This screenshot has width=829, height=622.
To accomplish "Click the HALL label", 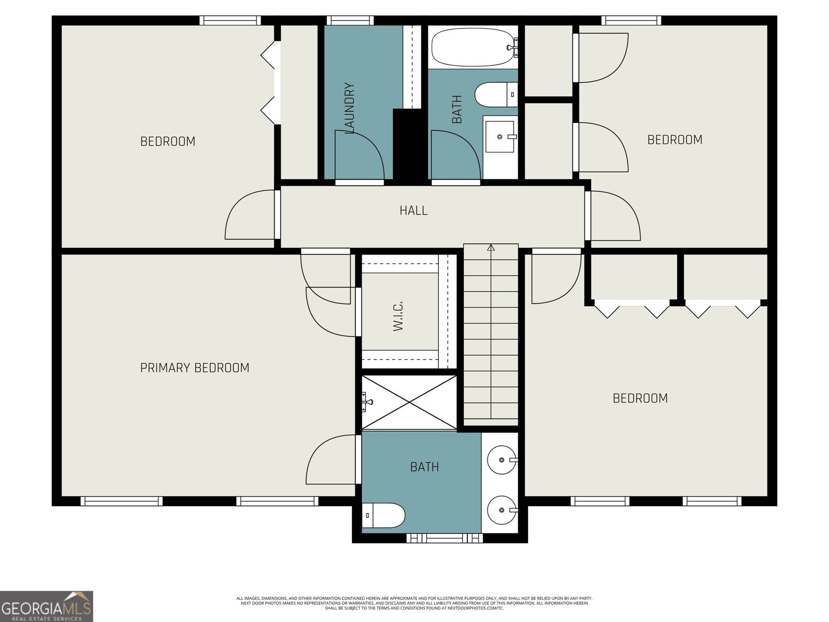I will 413,210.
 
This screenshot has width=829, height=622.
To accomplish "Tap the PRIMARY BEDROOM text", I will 195,368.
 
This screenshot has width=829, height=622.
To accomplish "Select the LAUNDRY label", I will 349,108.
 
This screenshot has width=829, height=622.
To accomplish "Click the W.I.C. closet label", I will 398,316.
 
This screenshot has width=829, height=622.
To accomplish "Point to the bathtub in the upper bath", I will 472,47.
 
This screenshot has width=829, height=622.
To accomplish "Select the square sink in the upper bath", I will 500,136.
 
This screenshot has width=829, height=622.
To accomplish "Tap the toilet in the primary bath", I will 383,516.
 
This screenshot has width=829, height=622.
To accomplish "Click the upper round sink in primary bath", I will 502,459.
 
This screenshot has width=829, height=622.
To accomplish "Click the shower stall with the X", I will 409,403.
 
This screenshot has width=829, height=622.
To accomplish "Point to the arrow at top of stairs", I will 491,248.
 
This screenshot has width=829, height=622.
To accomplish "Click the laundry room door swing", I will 360,155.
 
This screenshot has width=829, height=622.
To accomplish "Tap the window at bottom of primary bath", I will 444,539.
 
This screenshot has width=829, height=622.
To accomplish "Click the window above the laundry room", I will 350,21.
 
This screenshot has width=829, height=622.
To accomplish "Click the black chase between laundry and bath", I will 409,144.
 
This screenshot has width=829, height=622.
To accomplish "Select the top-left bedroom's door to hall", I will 250,215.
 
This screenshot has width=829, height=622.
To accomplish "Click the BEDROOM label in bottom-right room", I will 640,398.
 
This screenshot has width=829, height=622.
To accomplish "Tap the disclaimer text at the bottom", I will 414,603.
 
